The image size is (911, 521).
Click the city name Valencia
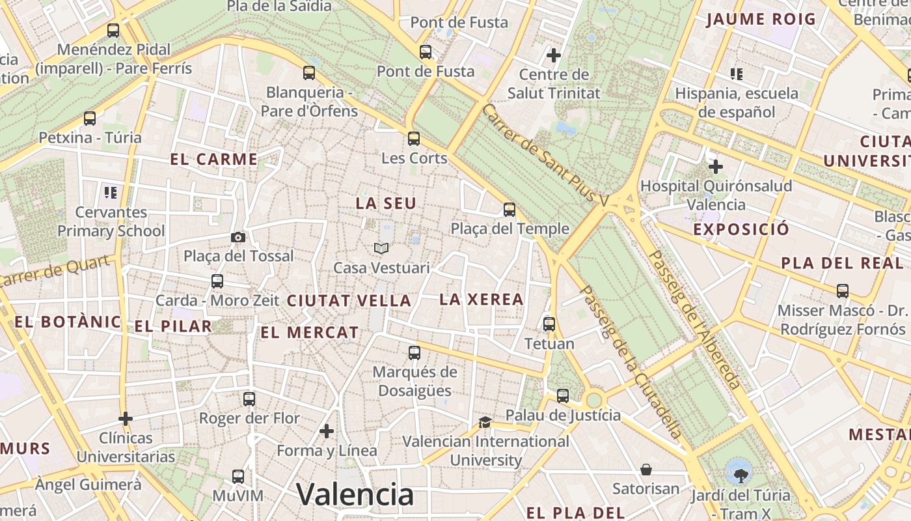[x=355, y=494]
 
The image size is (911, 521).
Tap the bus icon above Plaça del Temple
[x=510, y=210]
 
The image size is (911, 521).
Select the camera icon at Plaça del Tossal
[x=238, y=237]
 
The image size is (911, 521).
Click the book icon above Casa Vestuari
[x=381, y=249]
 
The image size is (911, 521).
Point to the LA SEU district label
[x=386, y=203]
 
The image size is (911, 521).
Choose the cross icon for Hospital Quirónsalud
[x=716, y=167]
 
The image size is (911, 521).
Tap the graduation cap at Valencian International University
[x=485, y=422]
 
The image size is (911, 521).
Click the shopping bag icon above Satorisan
[x=646, y=470]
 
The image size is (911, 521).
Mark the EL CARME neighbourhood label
[x=214, y=159]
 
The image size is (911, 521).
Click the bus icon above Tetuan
[x=549, y=324]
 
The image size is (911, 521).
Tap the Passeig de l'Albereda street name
[x=694, y=320]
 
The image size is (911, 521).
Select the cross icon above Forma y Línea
[x=327, y=431]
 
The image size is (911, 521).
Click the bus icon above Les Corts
[x=414, y=139]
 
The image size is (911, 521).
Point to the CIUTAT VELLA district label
[x=349, y=301]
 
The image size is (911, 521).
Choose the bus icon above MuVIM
[x=238, y=477]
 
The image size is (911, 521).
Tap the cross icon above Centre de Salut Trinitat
[x=554, y=55]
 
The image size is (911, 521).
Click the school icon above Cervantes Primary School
[x=111, y=192]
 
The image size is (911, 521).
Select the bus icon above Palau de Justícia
[x=563, y=396]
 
